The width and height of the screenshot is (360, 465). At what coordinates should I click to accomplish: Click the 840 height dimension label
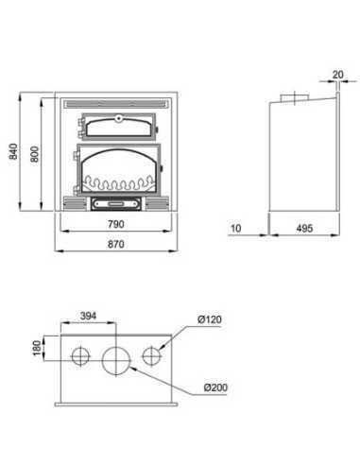[x=13, y=151]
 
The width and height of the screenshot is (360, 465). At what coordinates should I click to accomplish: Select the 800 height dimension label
[x=34, y=154]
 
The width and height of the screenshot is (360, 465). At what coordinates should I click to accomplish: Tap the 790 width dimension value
[x=116, y=224]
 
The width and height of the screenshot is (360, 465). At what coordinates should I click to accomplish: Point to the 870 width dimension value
[x=116, y=244]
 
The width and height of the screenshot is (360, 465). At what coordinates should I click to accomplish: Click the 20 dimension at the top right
[x=337, y=75]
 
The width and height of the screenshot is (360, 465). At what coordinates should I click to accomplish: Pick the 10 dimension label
[x=236, y=228]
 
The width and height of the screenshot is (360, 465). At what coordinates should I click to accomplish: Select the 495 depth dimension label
[x=304, y=228]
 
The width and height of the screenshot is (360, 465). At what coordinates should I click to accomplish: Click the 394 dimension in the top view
[x=88, y=316]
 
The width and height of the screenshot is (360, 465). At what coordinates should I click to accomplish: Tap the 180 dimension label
[x=37, y=348]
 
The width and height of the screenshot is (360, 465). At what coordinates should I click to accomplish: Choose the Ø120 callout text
[x=210, y=319]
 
